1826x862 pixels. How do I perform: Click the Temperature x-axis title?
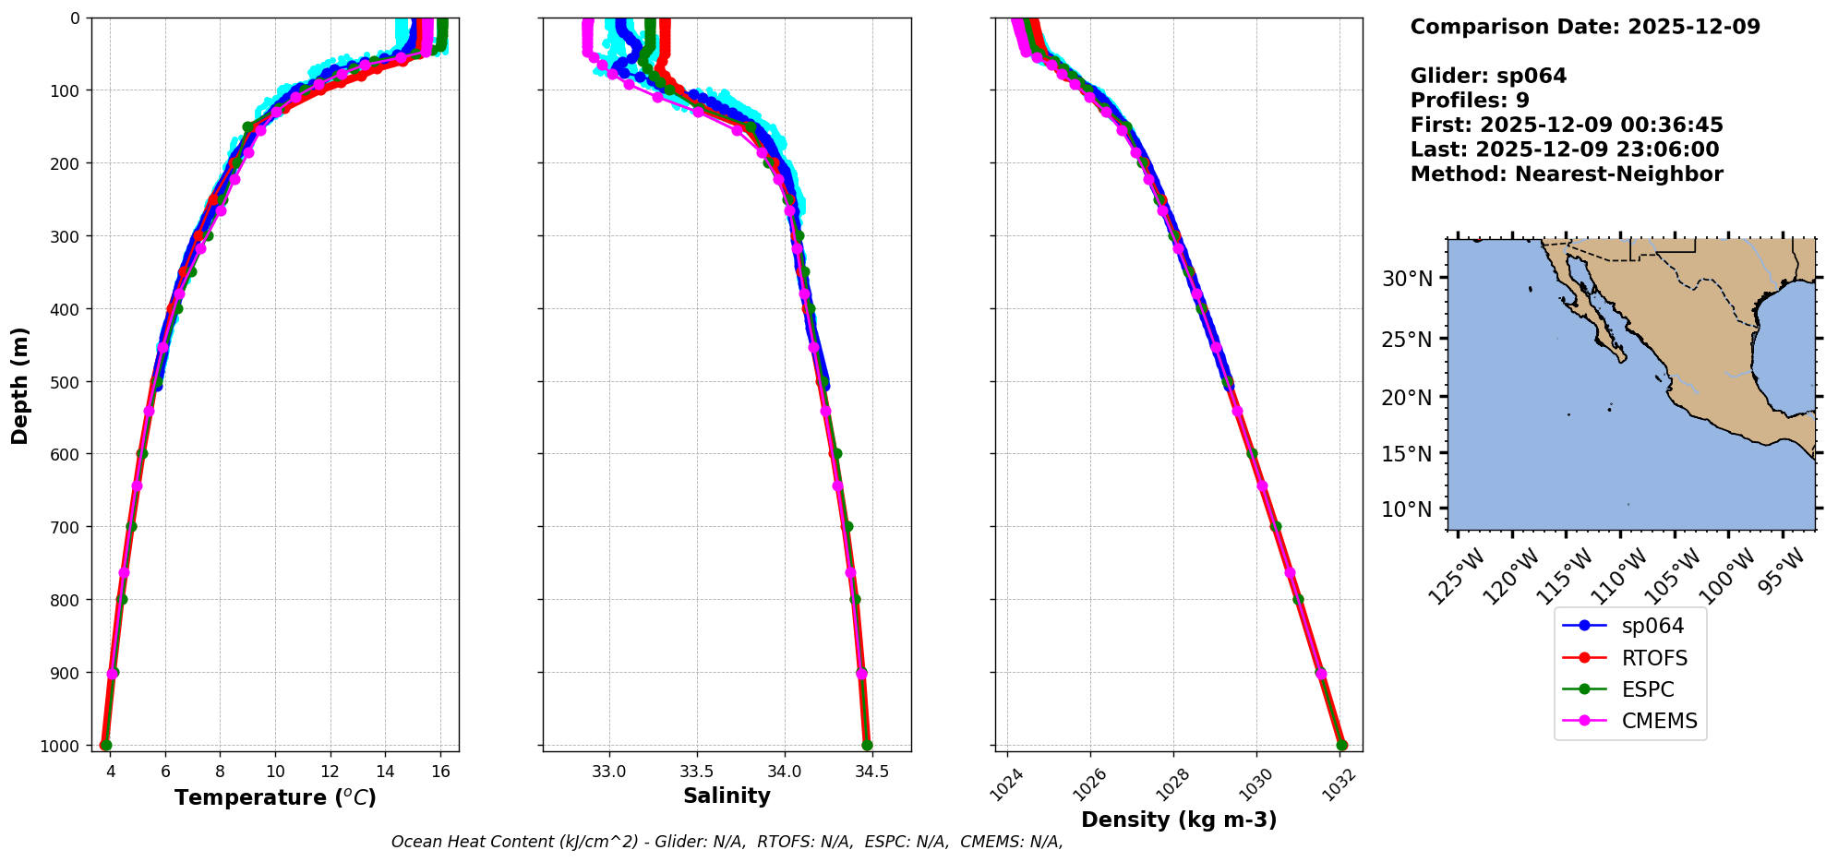pos(275,797)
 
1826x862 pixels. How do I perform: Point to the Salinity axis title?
pos(727,796)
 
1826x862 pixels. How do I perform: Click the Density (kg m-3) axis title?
pos(1179,820)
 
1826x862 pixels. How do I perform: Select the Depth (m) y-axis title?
pos(20,385)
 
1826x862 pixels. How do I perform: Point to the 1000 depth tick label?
pos(60,746)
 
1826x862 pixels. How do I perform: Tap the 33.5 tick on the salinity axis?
pos(696,772)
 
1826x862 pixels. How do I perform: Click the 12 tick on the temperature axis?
pos(330,772)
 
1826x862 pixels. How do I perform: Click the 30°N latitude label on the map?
pos(1407,279)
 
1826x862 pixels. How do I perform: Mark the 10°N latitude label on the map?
pos(1407,509)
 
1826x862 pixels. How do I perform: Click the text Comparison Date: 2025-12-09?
pos(1585,27)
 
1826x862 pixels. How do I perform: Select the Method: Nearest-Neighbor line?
pos(1567,174)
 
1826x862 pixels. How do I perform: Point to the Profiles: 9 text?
pos(1470,101)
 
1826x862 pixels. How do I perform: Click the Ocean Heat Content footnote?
pos(727,842)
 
